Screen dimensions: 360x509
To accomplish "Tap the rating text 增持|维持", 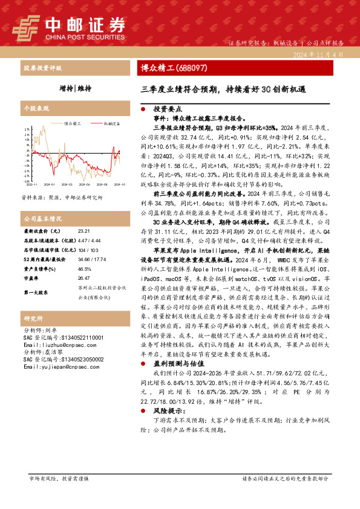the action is coord(76,88).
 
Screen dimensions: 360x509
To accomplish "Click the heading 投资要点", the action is coord(166,110).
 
